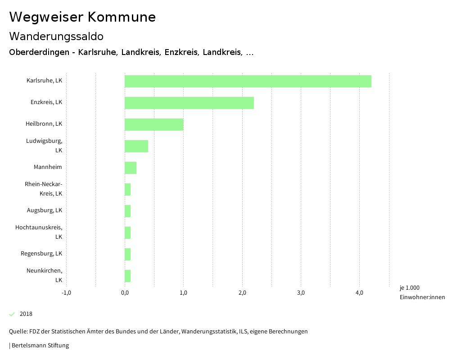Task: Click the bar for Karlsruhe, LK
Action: pos(248,81)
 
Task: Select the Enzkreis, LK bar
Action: pos(189,103)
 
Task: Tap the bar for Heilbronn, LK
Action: pos(154,124)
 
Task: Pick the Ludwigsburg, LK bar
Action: pos(136,146)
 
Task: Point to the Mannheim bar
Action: pos(131,168)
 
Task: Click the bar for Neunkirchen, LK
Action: pos(128,276)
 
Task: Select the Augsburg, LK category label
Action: pos(45,210)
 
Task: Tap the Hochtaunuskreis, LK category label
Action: pos(39,232)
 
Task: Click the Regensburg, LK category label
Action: pos(41,254)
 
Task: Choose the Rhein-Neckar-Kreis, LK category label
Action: pos(44,189)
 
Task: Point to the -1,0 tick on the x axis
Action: pos(66,293)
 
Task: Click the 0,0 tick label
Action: pos(125,293)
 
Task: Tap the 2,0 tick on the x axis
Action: pos(242,293)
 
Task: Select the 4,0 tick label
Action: pos(359,293)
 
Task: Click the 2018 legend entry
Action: pos(26,314)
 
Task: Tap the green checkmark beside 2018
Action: pos(12,314)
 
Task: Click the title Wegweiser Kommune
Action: pos(82,17)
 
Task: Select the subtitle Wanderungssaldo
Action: pos(56,36)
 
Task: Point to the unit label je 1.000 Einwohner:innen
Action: pos(422,292)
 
